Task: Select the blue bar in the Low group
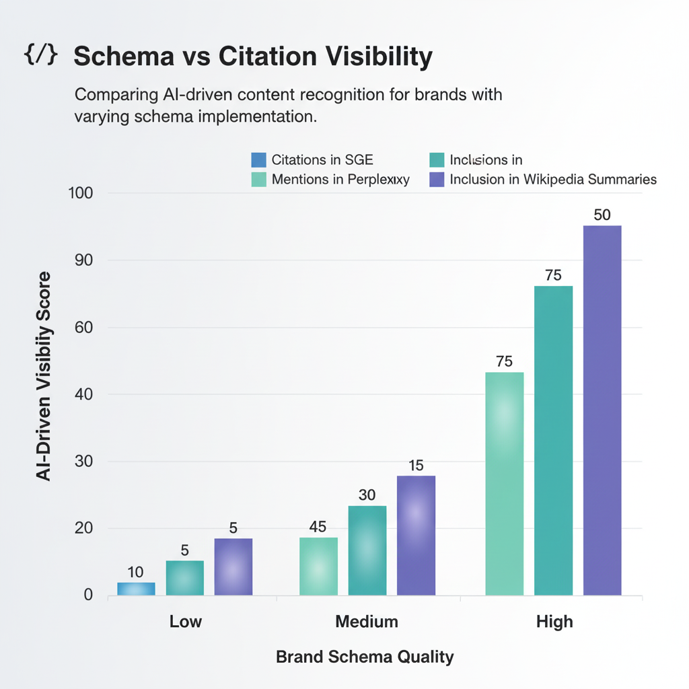coord(136,589)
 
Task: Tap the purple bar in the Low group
coord(233,567)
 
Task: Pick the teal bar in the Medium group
coord(367,550)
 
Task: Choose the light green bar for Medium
coord(318,566)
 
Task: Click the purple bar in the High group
coord(602,410)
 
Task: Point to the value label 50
coord(602,215)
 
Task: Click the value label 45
coord(318,527)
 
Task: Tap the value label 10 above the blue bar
coord(135,572)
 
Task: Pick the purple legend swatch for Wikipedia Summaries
coord(437,180)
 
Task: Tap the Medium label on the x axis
coord(367,621)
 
